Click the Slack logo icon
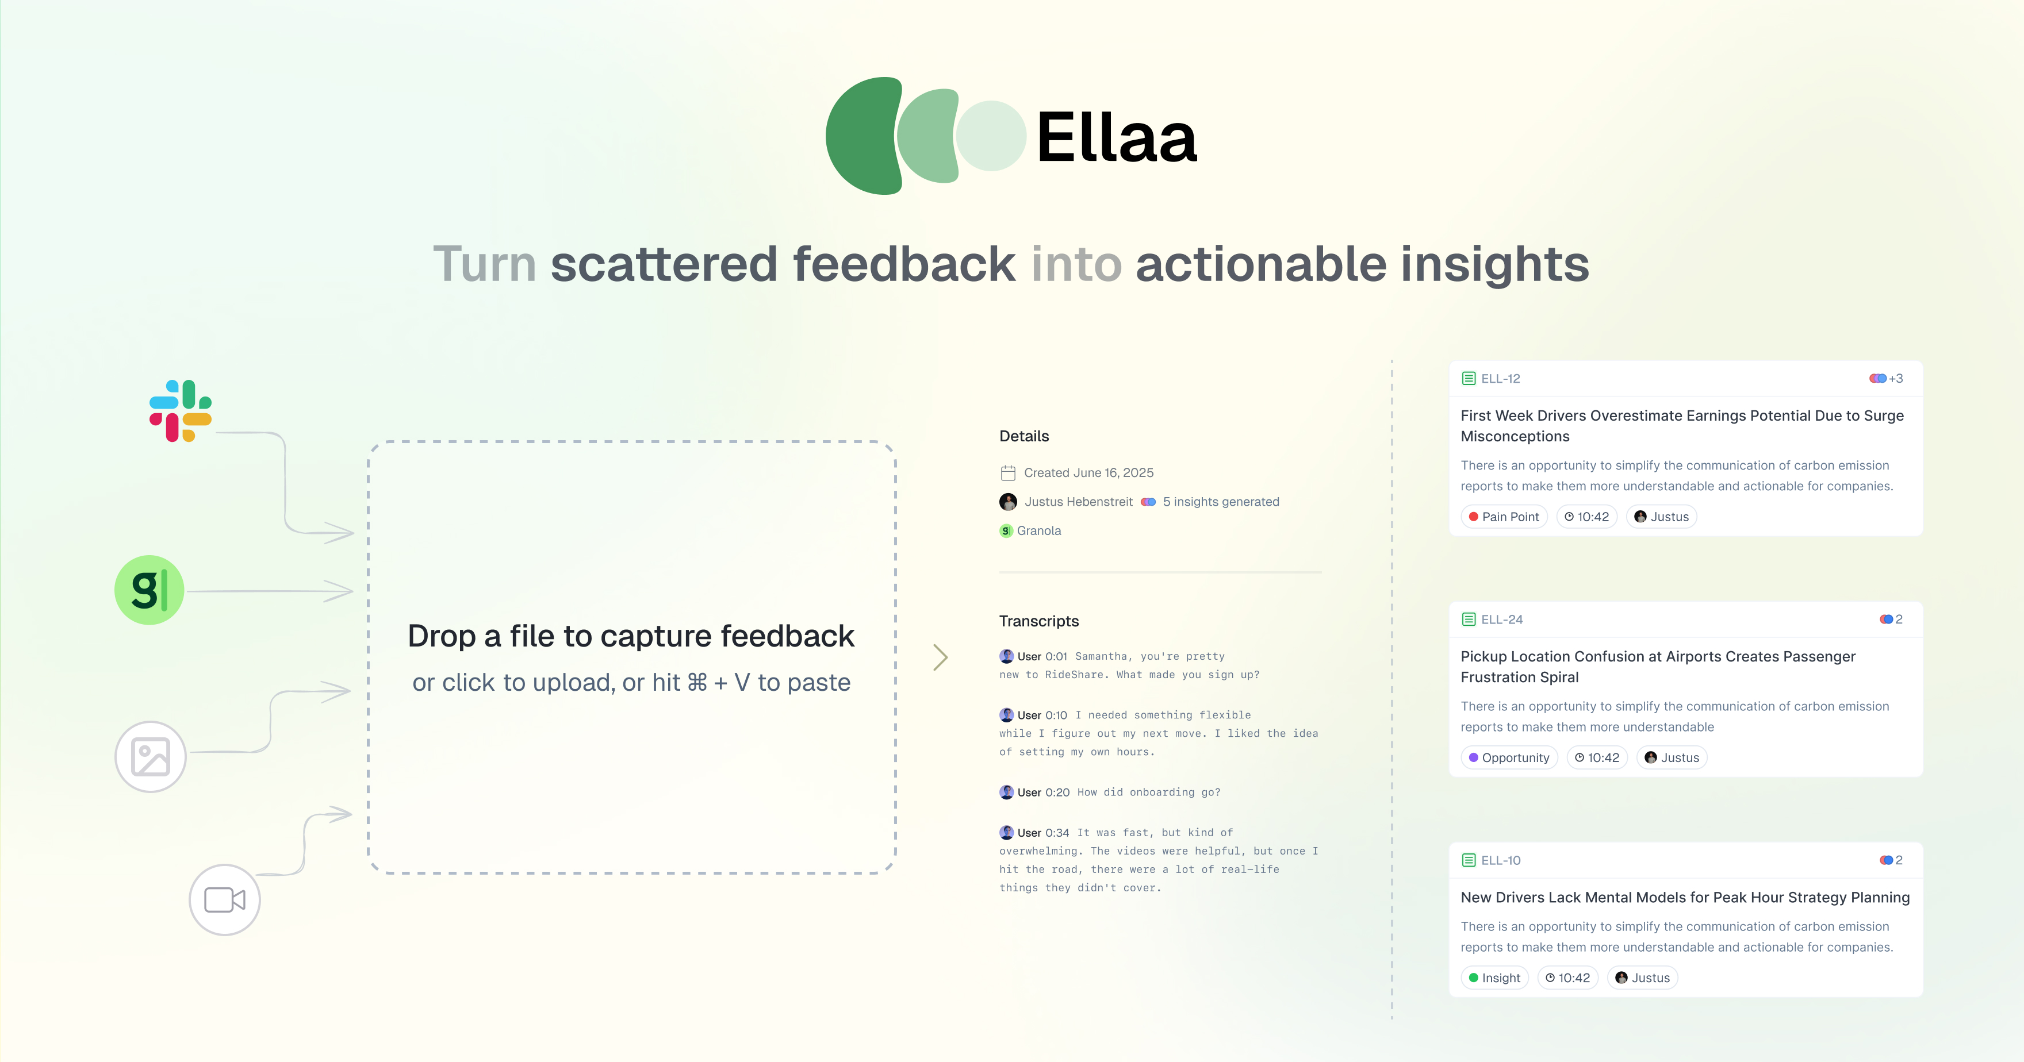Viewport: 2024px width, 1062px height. pyautogui.click(x=181, y=411)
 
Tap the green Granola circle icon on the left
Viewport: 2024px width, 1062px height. pyautogui.click(x=149, y=590)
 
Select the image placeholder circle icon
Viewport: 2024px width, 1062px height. pyautogui.click(x=150, y=756)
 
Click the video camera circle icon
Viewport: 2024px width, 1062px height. pyautogui.click(x=225, y=899)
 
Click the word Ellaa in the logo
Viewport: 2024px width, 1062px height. pyautogui.click(x=1117, y=137)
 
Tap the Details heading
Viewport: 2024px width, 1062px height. pyautogui.click(x=1023, y=436)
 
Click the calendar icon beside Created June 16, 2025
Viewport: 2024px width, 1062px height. pyautogui.click(x=1008, y=473)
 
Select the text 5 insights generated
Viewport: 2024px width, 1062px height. pyautogui.click(x=1221, y=502)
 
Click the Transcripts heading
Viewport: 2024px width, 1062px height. pyautogui.click(x=1038, y=621)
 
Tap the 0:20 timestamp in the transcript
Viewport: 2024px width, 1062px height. pyautogui.click(x=1057, y=792)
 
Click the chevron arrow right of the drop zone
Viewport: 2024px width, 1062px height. pyautogui.click(x=941, y=657)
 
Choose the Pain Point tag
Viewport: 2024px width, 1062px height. pyautogui.click(x=1504, y=517)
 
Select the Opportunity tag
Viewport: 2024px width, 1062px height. pyautogui.click(x=1509, y=758)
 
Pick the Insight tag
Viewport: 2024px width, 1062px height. pyautogui.click(x=1494, y=978)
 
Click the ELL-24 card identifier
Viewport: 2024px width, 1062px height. pyautogui.click(x=1501, y=619)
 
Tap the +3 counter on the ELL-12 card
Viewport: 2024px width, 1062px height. pyautogui.click(x=1896, y=379)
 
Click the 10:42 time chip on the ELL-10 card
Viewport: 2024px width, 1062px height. pyautogui.click(x=1567, y=978)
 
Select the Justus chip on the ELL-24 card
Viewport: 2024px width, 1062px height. pyautogui.click(x=1672, y=758)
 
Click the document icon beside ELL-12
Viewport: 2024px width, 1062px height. pyautogui.click(x=1469, y=379)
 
